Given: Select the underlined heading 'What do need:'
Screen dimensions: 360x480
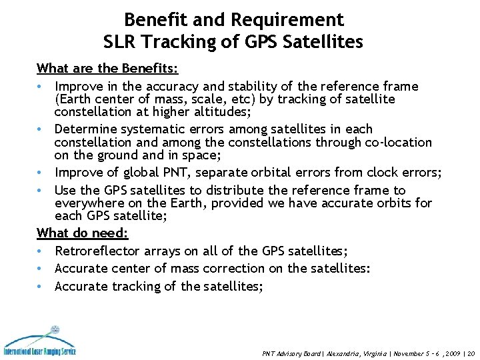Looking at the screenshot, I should coord(83,233).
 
